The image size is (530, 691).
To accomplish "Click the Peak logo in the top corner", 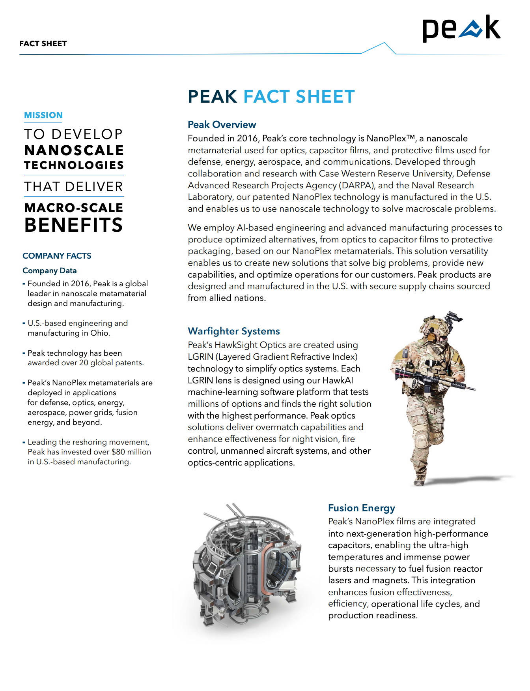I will pos(461,28).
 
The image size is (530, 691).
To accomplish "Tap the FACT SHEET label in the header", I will pos(43,43).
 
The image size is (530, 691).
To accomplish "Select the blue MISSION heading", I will pos(43,115).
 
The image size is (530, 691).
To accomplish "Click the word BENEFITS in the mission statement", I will pos(74,225).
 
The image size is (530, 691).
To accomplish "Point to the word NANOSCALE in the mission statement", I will pos(74,150).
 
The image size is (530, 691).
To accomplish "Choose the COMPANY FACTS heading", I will pos(57,256).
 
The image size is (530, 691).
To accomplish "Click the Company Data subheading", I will pos(50,271).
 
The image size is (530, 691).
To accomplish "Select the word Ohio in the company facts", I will pos(99,333).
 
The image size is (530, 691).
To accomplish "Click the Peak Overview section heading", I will pos(222,125).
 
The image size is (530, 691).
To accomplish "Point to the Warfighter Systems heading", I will pos(234,331).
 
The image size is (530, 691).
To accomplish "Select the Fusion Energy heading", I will pos(362,508).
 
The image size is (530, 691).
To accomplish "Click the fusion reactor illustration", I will pos(246,565).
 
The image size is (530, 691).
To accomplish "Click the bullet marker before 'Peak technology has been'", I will pos(24,353).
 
